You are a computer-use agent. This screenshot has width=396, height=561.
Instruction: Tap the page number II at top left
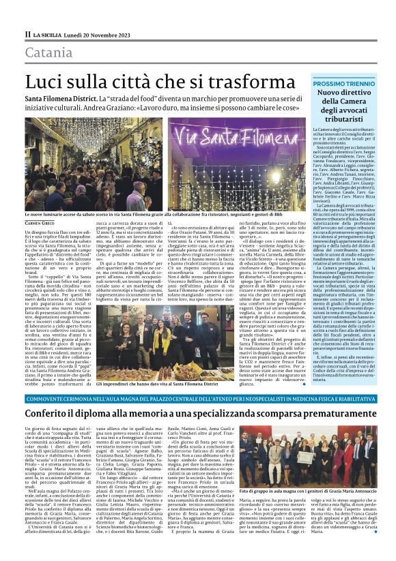[28, 34]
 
